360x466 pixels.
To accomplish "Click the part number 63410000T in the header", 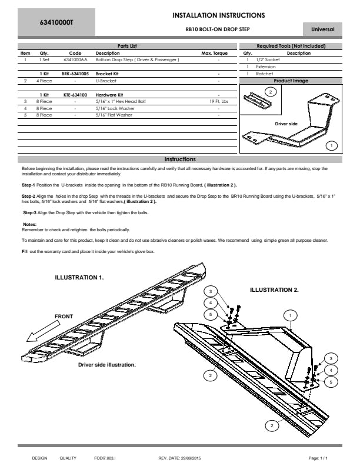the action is point(56,22).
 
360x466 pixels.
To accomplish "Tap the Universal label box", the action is point(322,29).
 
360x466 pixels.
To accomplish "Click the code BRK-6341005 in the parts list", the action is point(75,74).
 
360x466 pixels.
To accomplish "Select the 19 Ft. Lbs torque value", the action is point(219,101).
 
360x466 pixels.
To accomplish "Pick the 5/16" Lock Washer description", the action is point(115,108).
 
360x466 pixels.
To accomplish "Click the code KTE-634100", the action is point(75,95).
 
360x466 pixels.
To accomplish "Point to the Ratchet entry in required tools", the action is point(264,74).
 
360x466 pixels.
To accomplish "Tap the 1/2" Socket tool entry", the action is point(268,59).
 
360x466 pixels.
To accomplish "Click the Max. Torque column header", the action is point(215,53).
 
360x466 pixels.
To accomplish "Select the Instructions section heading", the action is point(180,159).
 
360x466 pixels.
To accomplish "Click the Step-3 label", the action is point(29,213).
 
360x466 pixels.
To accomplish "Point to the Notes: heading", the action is point(29,224).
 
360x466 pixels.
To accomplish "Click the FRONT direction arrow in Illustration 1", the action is point(43,332).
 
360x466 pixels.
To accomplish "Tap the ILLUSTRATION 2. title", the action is point(274,289).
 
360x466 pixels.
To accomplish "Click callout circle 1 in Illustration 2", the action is point(291,315).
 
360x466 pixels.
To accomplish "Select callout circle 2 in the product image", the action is point(271,92).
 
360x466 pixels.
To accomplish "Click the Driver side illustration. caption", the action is point(107,365).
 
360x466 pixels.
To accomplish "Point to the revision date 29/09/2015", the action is point(190,458).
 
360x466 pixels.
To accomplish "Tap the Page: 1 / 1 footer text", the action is point(318,458).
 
